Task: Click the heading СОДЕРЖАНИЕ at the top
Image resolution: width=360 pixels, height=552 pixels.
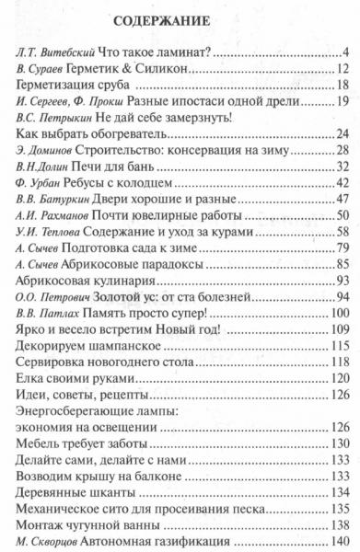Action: [181, 20]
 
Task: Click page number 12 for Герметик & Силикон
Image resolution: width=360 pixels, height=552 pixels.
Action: [341, 69]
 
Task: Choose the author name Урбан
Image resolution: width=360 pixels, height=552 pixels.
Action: [51, 185]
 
